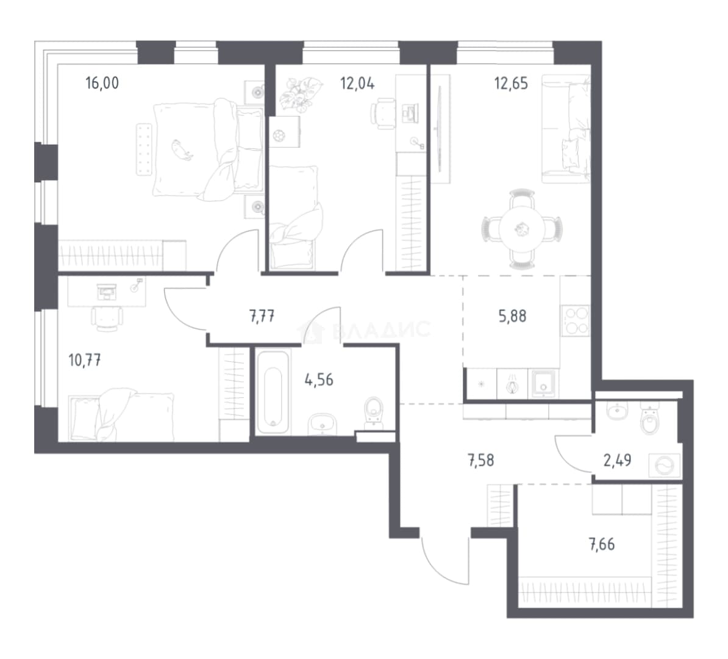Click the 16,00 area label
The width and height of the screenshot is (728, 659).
[x=102, y=83]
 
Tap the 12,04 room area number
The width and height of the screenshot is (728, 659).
[x=357, y=84]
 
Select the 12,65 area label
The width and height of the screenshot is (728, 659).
[x=511, y=84]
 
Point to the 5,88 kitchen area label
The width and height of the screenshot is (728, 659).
[x=512, y=317]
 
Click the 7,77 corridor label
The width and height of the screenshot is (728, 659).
[x=262, y=317]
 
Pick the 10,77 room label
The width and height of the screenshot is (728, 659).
[x=85, y=360]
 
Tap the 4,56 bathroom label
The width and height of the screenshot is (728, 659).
[x=318, y=380]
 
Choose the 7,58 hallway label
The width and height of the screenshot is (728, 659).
[x=480, y=461]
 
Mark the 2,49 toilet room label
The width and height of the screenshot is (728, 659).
[x=617, y=461]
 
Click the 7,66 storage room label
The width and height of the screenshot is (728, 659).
[x=602, y=544]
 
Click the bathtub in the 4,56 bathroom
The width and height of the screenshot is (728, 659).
[x=273, y=392]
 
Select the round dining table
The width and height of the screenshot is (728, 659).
[x=522, y=229]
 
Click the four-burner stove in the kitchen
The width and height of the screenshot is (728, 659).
[x=575, y=321]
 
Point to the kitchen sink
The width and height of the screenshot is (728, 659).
[x=543, y=384]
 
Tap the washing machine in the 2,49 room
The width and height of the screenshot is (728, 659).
[x=665, y=466]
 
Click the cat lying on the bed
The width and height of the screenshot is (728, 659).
[x=182, y=149]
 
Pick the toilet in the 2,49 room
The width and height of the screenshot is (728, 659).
[x=649, y=419]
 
